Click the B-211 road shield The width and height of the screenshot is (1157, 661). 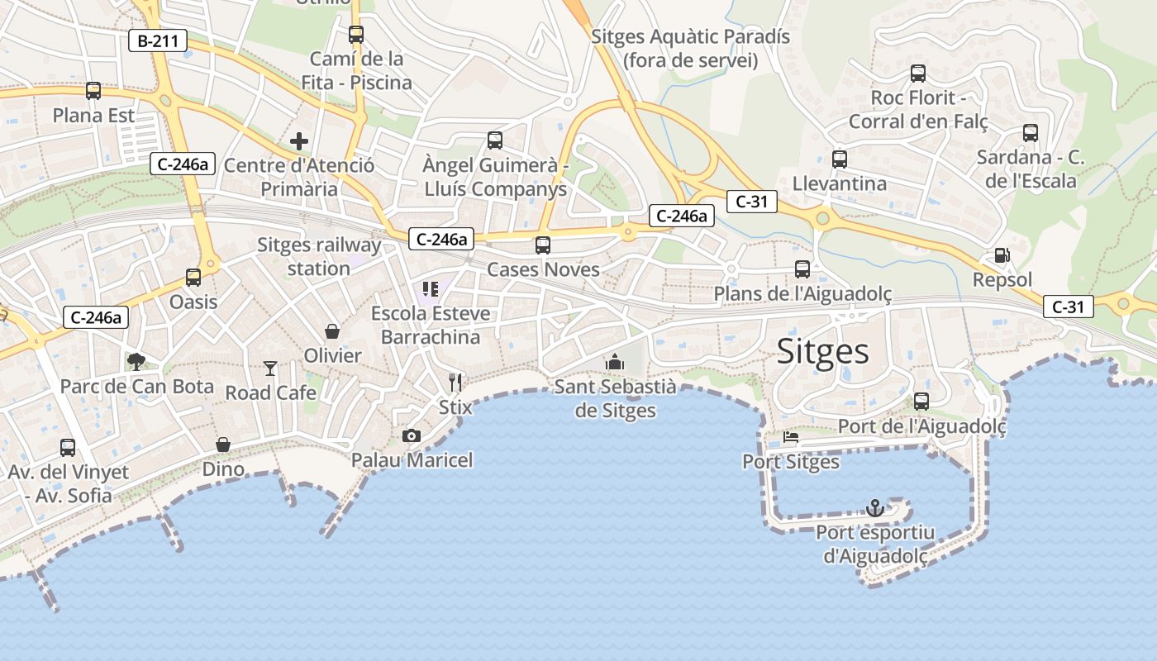pos(157,40)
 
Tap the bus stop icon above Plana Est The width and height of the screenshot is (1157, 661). pos(93,91)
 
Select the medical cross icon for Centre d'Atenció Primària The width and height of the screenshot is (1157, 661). pos(299,141)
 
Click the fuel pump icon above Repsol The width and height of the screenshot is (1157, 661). pos(1002,255)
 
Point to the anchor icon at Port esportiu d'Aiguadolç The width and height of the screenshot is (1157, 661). pos(874,507)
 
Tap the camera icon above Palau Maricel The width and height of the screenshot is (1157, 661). pos(411,435)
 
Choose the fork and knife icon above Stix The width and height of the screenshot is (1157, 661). pos(455,382)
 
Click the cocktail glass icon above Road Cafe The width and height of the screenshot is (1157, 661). pos(270,368)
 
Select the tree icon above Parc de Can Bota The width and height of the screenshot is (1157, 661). pos(136,361)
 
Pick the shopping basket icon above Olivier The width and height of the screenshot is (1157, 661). pos(332,331)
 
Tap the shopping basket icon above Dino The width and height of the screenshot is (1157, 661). pos(223,445)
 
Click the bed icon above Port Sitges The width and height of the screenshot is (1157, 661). pos(791,437)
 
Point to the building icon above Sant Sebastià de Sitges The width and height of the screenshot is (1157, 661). pos(615,362)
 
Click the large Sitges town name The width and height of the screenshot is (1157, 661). pos(823,352)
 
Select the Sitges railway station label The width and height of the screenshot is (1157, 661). pos(319,256)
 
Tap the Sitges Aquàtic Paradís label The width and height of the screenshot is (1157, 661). pos(691,48)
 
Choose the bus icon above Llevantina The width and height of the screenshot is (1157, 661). pos(840,159)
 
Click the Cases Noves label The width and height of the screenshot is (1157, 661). pos(543,269)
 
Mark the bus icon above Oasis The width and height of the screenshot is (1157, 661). pos(193,278)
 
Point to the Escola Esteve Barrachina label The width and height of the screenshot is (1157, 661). pos(431,325)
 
